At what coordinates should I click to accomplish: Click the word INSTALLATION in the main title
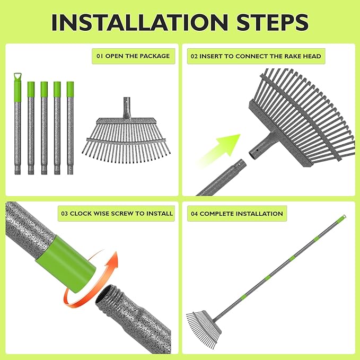pos(137,22)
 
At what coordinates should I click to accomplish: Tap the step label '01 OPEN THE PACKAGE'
pos(133,56)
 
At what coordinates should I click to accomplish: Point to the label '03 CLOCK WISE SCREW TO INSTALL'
pos(117,213)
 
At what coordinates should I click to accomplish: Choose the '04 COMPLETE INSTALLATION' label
pos(237,214)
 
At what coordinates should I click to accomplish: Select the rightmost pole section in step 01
pos(70,127)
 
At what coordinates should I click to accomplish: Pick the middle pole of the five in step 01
pos(44,127)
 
